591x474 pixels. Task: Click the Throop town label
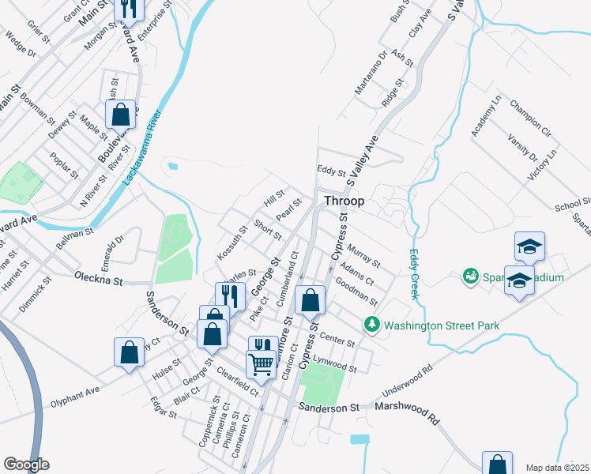coord(344,201)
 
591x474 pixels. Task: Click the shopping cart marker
coord(261,364)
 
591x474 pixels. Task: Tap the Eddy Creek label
coord(413,274)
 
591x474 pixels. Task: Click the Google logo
coord(26,465)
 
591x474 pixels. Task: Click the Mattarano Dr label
coord(370,73)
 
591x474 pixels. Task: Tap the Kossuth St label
coord(232,245)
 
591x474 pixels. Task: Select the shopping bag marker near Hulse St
coord(130,353)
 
